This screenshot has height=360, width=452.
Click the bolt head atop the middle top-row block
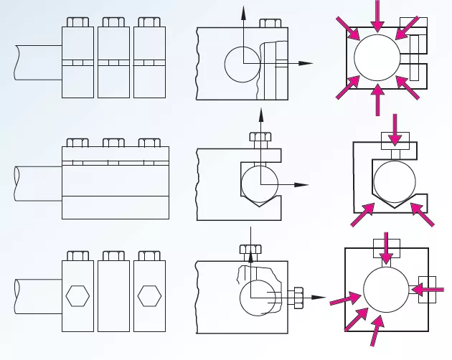coord(113,22)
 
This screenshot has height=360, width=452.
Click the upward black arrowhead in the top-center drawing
coord(243,11)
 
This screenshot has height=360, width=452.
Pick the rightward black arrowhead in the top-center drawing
coord(306,63)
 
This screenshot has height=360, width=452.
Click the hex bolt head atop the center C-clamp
coord(260,137)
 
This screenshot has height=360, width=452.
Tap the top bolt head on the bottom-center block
coord(250,251)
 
